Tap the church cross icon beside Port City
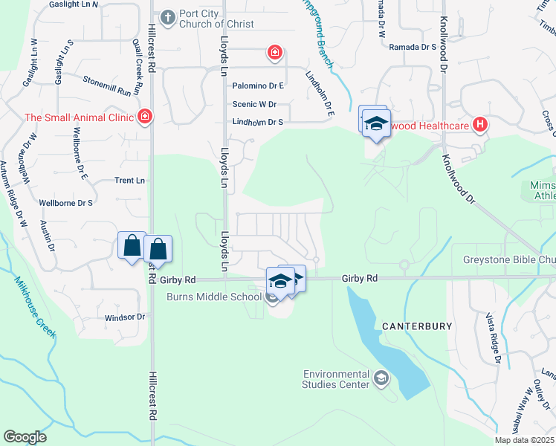pyautogui.click(x=167, y=16)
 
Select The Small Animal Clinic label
pyautogui.click(x=78, y=117)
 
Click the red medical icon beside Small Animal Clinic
pyautogui.click(x=144, y=117)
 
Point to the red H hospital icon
pyautogui.click(x=480, y=125)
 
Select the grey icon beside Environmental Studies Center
pyautogui.click(x=381, y=379)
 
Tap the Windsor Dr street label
pyautogui.click(x=125, y=317)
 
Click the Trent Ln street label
pyautogui.click(x=129, y=181)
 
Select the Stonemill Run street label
pyautogui.click(x=107, y=86)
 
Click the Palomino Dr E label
pyautogui.click(x=258, y=86)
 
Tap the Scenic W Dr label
pyautogui.click(x=254, y=105)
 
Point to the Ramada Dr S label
pyautogui.click(x=412, y=47)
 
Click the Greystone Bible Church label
pyautogui.click(x=508, y=260)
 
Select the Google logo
pyautogui.click(x=25, y=437)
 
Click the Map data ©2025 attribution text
pyautogui.click(x=524, y=440)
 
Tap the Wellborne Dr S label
pyautogui.click(x=65, y=202)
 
